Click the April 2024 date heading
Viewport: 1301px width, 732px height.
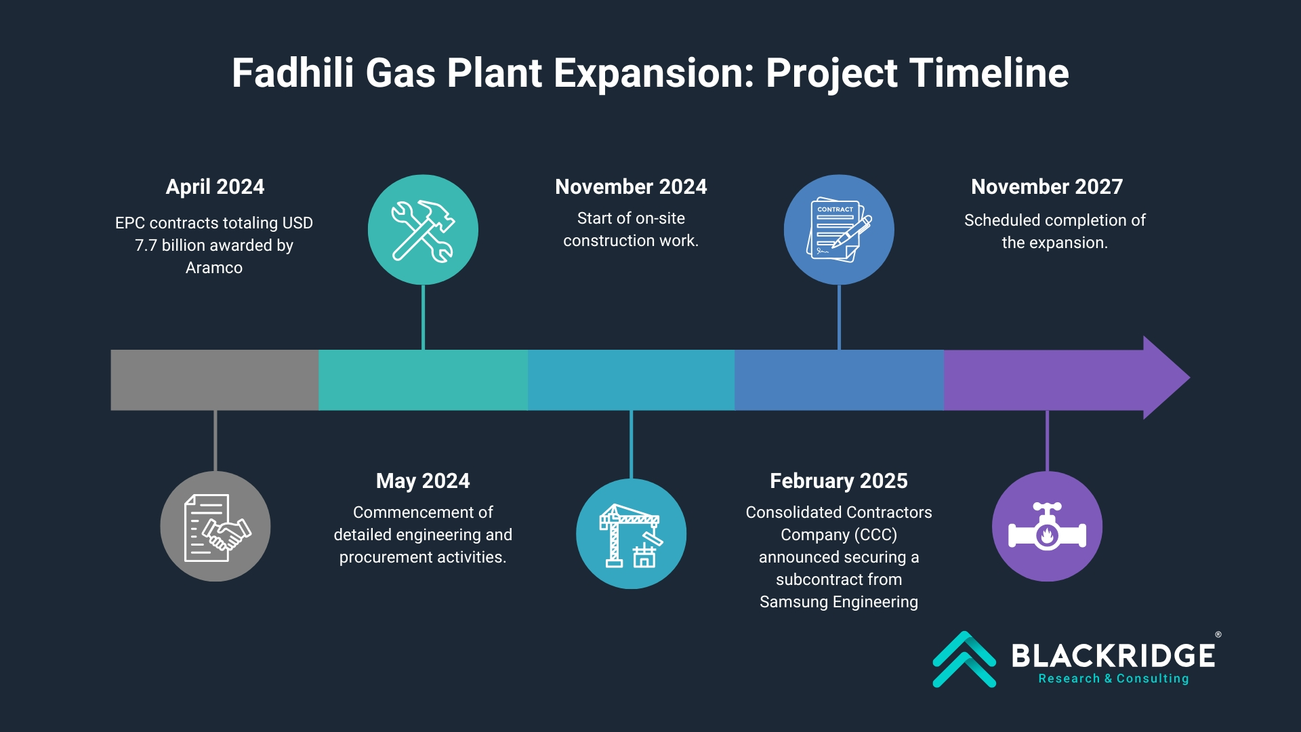click(215, 186)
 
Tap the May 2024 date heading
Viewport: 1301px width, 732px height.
click(423, 481)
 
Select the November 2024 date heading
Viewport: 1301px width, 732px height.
click(631, 186)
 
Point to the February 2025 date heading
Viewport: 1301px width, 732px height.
click(839, 481)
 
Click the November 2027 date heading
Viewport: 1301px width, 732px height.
click(1047, 186)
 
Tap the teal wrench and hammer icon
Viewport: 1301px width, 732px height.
click(423, 230)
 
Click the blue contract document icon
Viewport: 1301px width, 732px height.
click(839, 230)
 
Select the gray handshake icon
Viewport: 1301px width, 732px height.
click(215, 526)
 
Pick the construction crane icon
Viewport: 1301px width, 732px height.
click(631, 533)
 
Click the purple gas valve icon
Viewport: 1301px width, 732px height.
click(1047, 526)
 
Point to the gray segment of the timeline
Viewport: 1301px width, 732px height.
click(215, 380)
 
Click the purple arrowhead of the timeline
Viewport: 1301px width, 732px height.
click(1166, 378)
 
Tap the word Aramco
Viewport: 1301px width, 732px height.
click(214, 268)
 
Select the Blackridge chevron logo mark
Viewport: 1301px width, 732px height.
click(964, 659)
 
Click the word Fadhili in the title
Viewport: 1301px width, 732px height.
click(293, 73)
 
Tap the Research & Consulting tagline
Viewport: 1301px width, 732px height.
click(1113, 678)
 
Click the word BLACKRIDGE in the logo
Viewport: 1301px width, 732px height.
click(1113, 655)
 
